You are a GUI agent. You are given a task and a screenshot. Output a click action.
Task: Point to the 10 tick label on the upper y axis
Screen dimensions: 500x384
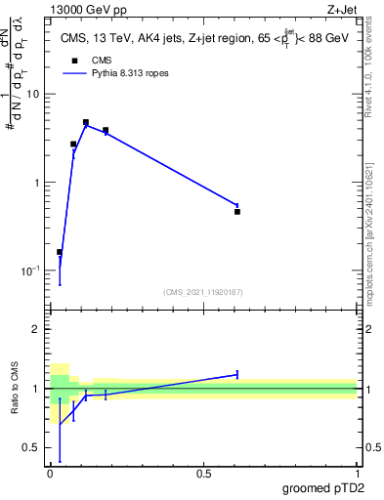coord(33,95)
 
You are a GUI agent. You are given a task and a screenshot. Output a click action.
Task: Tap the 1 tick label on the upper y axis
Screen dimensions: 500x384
coord(37,183)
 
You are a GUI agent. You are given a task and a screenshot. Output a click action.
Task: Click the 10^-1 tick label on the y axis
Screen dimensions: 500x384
coord(31,271)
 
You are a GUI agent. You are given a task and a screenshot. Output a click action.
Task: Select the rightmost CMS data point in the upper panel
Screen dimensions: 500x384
coord(237,211)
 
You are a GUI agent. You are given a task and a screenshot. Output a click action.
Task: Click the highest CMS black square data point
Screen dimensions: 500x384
coord(86,123)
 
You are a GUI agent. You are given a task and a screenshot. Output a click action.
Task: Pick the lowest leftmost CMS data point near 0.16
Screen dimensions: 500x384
coord(60,252)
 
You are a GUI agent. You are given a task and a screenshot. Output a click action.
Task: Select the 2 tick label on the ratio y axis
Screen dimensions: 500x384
coord(37,329)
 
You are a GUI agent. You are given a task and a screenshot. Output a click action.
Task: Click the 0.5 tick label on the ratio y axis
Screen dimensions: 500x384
coord(32,448)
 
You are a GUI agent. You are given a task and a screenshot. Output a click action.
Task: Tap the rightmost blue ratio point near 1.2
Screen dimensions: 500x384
coord(237,374)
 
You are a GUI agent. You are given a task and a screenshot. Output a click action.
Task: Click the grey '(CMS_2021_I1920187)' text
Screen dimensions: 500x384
coord(203,291)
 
